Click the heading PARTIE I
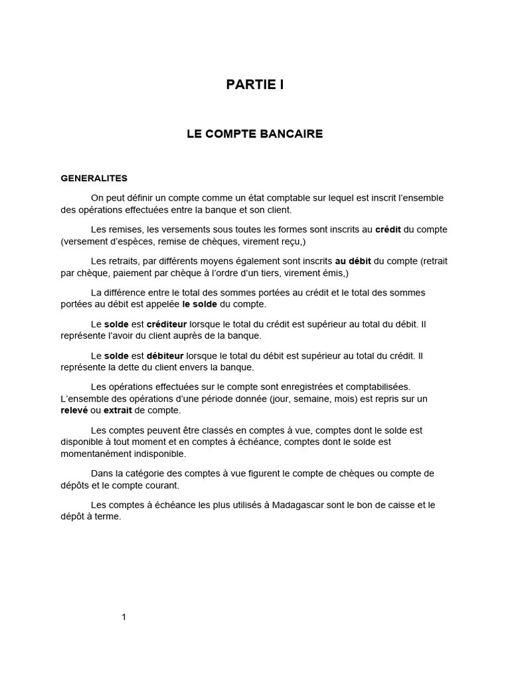[254, 84]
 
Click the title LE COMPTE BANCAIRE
[254, 134]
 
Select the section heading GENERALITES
[94, 179]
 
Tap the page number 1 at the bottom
[124, 617]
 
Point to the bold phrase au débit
[349, 261]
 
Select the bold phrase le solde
[204, 304]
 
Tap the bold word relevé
[74, 411]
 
